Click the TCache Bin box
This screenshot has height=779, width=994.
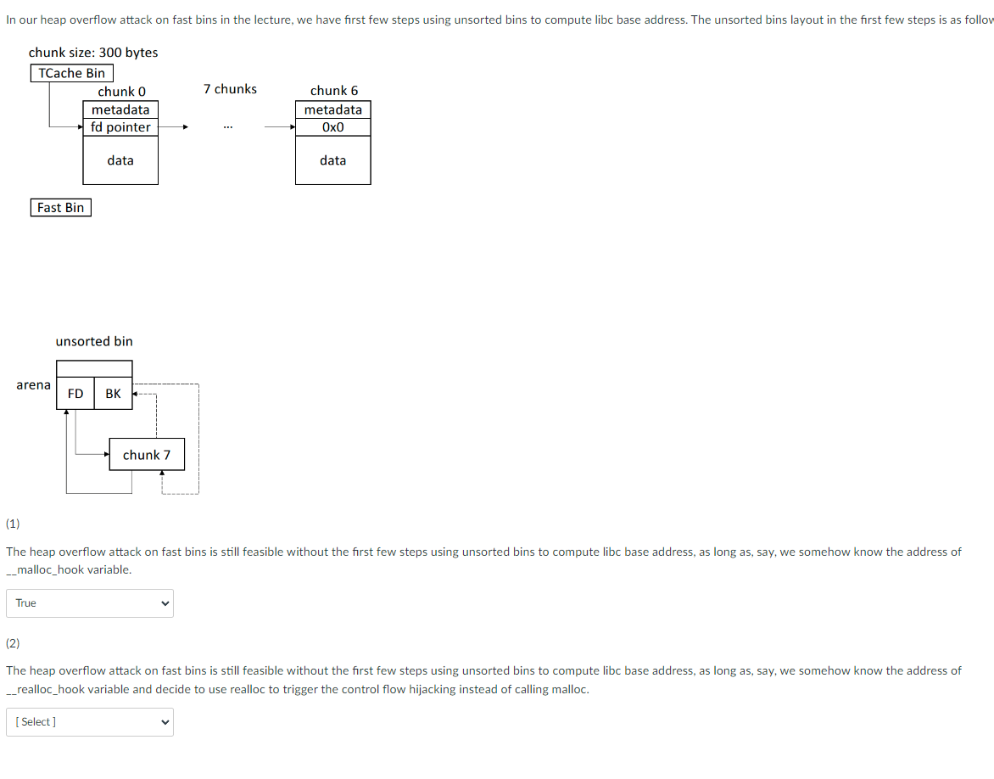[x=72, y=74]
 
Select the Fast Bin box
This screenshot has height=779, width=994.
[x=61, y=208]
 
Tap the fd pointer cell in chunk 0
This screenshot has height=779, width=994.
[x=120, y=127]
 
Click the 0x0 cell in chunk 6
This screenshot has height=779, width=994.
[x=333, y=127]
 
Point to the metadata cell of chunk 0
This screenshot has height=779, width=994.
[x=120, y=109]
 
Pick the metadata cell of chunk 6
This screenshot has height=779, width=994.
[x=333, y=109]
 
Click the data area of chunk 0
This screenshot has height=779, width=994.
[x=120, y=160]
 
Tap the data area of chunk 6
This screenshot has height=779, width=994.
[x=333, y=160]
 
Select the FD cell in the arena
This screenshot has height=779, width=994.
[x=75, y=394]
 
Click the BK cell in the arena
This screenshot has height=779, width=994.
[x=113, y=394]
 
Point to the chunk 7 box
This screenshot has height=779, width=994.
[x=147, y=455]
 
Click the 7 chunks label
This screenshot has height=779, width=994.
[x=230, y=89]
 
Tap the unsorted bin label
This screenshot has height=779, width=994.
[x=94, y=341]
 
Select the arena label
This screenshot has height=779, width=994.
[x=33, y=385]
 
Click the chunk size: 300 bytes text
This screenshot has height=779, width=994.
[x=93, y=53]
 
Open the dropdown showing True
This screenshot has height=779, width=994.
[x=90, y=603]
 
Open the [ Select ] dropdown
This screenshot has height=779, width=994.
[x=90, y=722]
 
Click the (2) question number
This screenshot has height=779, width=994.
[x=14, y=643]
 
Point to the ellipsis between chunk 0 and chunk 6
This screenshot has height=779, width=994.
[x=226, y=128]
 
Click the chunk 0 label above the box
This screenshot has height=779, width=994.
[x=121, y=92]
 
